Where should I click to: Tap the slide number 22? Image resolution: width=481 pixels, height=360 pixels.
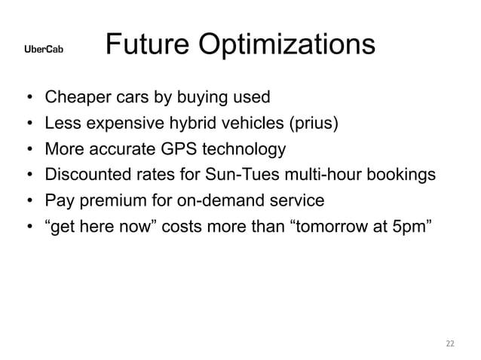pyautogui.click(x=450, y=343)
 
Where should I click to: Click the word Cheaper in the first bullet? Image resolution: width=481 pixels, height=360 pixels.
pyautogui.click(x=75, y=98)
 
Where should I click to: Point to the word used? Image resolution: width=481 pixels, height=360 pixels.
pyautogui.click(x=250, y=98)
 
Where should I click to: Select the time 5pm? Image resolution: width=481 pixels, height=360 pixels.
pyautogui.click(x=414, y=227)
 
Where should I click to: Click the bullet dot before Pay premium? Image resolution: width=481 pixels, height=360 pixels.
pyautogui.click(x=28, y=202)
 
